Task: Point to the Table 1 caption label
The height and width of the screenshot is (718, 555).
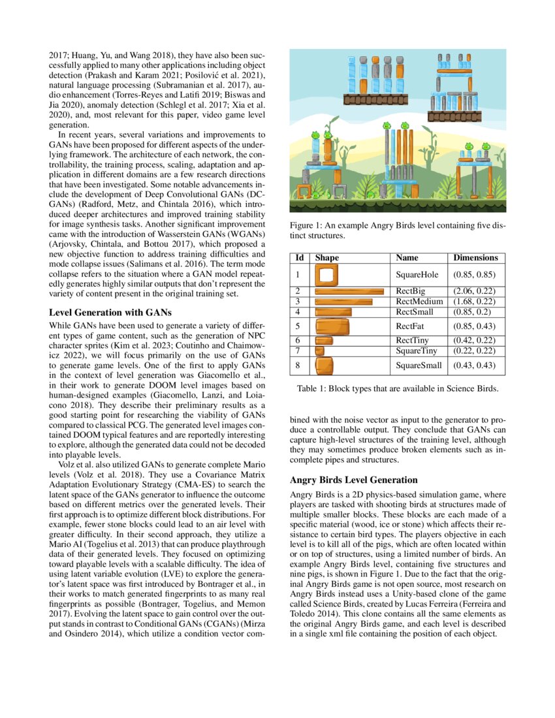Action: (x=313, y=388)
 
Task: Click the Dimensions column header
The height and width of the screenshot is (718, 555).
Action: (x=475, y=258)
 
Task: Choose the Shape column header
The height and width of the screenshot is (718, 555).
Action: (x=327, y=258)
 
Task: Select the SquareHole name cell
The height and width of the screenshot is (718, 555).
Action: (x=417, y=275)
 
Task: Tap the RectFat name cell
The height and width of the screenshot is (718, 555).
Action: (x=411, y=326)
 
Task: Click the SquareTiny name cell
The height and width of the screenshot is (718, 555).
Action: (x=417, y=351)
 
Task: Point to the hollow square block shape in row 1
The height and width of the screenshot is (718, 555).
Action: (x=327, y=275)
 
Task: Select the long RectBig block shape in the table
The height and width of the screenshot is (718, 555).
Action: (x=349, y=290)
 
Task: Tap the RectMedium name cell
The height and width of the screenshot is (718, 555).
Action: (x=419, y=301)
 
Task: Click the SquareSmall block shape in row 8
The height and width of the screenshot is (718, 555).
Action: (x=325, y=366)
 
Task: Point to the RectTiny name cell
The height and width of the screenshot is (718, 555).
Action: (x=413, y=341)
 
